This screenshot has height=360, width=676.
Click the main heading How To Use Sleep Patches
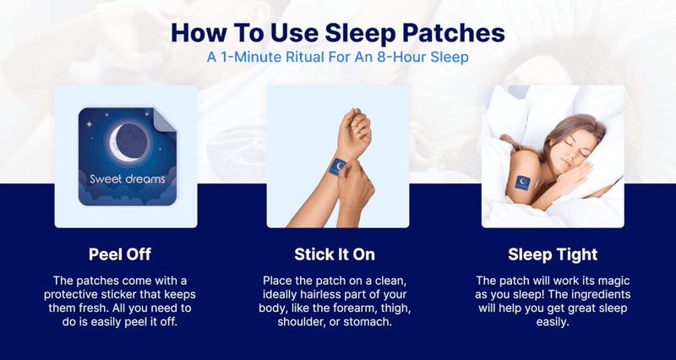(x=337, y=33)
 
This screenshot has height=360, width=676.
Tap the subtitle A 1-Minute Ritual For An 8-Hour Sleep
(x=337, y=57)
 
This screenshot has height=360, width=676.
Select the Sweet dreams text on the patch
(x=128, y=179)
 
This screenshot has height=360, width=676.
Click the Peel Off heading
(x=120, y=254)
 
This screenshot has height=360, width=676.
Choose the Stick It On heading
(x=335, y=254)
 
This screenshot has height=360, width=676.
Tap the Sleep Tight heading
(x=553, y=254)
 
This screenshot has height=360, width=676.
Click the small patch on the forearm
(x=337, y=166)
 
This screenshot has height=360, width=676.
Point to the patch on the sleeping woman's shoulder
(x=523, y=183)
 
